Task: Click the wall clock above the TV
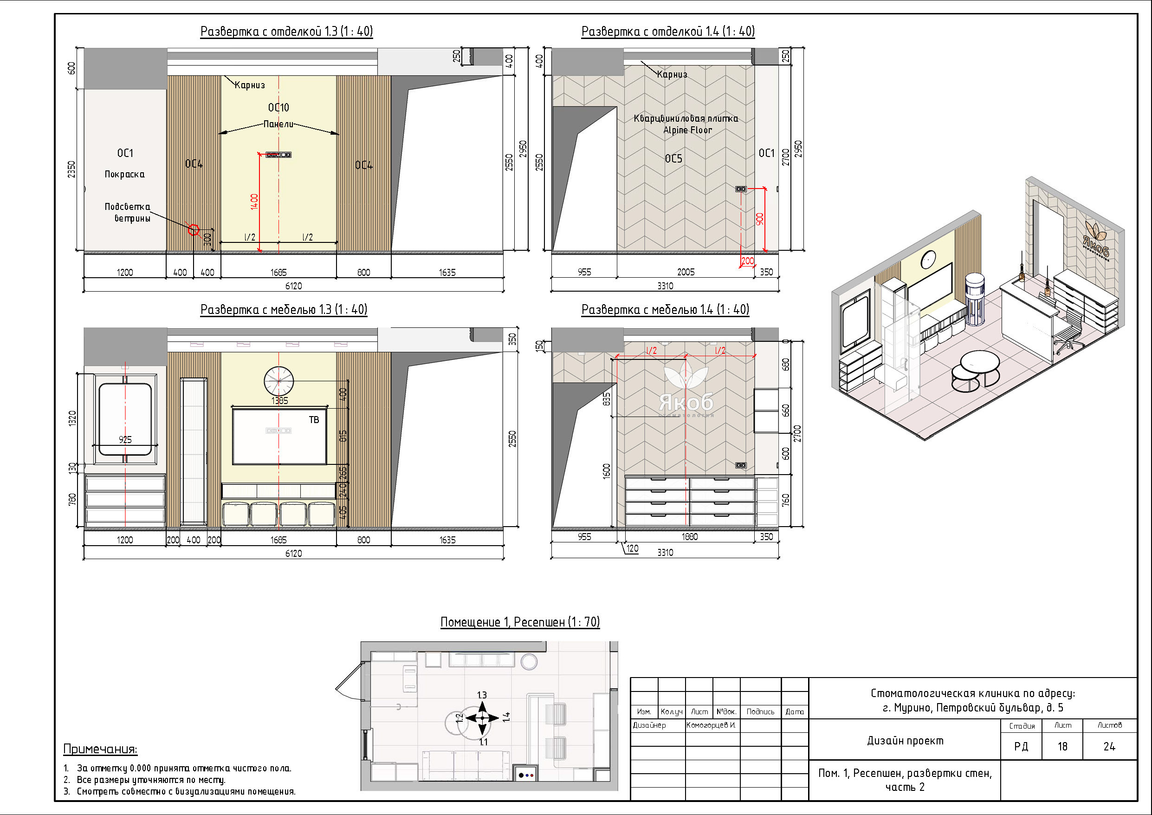(278, 381)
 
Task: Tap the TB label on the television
(314, 420)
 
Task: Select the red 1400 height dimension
(254, 202)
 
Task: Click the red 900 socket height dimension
(760, 219)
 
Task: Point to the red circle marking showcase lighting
(194, 230)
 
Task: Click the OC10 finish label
(278, 107)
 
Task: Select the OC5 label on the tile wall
(673, 159)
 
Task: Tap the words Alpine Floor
(687, 130)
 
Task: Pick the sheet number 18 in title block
(1062, 747)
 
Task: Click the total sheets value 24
(1109, 747)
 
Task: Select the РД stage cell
(1021, 747)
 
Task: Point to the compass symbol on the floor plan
(482, 718)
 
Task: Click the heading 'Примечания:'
(100, 749)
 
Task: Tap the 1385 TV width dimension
(279, 401)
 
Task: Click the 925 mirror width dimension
(125, 439)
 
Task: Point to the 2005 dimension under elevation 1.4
(686, 272)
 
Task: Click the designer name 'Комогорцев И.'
(711, 725)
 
